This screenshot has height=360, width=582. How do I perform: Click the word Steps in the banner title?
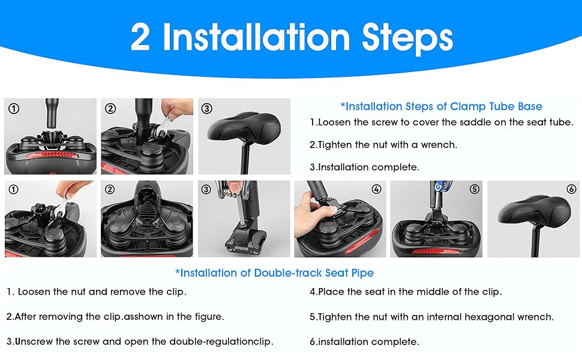pos(407,38)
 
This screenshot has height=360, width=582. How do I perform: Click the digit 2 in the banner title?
pos(140,37)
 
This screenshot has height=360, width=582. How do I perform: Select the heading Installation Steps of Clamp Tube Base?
pos(442,107)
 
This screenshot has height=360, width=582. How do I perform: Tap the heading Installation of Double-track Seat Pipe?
pos(274,273)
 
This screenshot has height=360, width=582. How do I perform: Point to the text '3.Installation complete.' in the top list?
pos(364,167)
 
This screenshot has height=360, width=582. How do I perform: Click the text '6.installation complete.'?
pos(364,341)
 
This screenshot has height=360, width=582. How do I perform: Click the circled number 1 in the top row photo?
pos(14,109)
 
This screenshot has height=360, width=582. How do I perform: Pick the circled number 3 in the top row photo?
pos(207,109)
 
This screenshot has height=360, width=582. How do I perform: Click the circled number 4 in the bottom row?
pos(376,189)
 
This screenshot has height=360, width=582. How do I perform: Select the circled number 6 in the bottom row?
pos(572,189)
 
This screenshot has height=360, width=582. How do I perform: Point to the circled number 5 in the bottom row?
pos(475,189)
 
